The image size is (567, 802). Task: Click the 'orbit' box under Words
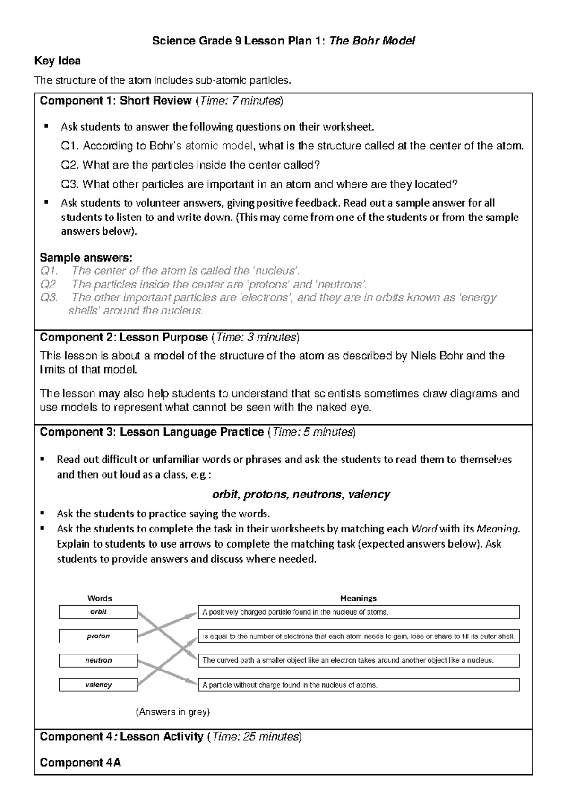point(98,612)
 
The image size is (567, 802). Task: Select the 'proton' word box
point(98,636)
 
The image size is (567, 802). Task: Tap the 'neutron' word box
point(98,660)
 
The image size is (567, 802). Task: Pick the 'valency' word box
point(98,684)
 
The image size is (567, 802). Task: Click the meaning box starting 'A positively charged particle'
point(358,612)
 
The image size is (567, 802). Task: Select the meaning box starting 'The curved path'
point(358,660)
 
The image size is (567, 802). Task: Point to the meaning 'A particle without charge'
point(358,684)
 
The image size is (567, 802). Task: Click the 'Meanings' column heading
point(358,598)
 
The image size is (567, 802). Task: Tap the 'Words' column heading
point(100,598)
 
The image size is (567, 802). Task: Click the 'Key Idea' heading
point(58,61)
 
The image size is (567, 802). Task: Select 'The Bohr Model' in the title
point(372,41)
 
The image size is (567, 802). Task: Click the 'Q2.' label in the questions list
point(71,165)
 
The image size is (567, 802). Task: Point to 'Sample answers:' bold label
point(86,258)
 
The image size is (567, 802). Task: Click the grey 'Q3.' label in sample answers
point(49,297)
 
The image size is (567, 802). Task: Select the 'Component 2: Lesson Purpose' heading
point(124,338)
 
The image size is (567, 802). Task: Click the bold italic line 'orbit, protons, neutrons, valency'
point(301,495)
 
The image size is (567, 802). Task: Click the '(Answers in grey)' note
point(172,712)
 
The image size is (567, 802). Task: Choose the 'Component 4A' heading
point(80,763)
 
